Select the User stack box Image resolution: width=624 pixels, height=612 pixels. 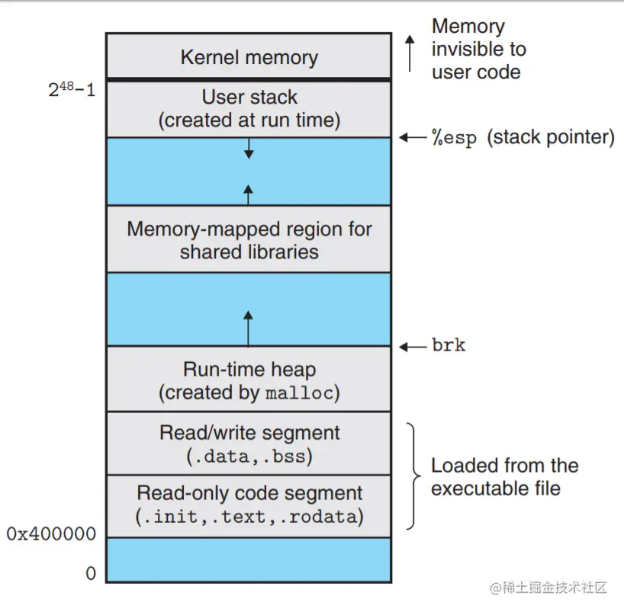[x=249, y=109]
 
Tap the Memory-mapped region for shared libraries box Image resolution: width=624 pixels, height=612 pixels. [x=249, y=239]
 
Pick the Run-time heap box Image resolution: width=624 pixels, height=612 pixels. [x=249, y=379]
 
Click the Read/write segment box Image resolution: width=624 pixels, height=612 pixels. [x=249, y=444]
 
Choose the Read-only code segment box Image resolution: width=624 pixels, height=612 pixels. [x=249, y=506]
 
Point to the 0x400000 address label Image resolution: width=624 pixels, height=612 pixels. [x=51, y=533]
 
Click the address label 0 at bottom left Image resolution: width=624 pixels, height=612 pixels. [x=91, y=573]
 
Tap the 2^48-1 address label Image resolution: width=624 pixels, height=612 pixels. [x=72, y=89]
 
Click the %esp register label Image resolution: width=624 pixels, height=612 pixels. [x=454, y=138]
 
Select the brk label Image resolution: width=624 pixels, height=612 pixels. [x=449, y=344]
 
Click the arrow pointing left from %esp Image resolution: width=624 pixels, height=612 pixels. [x=413, y=138]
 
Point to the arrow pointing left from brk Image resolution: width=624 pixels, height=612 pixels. [x=413, y=347]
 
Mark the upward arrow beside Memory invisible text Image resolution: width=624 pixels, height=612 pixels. [x=410, y=53]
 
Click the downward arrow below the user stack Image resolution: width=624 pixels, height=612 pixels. [x=249, y=149]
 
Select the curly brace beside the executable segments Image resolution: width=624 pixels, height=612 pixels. [x=414, y=476]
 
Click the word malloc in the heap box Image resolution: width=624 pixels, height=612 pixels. [x=299, y=393]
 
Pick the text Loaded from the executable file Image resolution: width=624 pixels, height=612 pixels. [x=504, y=477]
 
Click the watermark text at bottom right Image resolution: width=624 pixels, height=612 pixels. [x=548, y=588]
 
